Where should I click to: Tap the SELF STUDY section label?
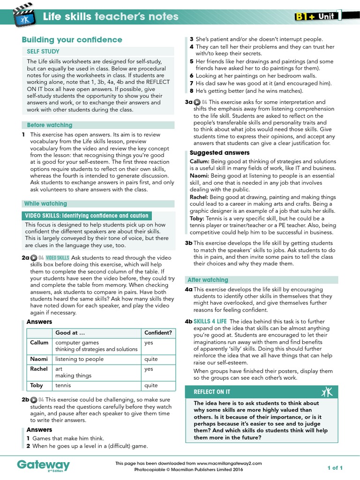tap(43, 52)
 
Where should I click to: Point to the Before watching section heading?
tap(49, 125)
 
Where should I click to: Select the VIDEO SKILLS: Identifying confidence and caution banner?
tap(86, 216)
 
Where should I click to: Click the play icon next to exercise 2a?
tap(34, 258)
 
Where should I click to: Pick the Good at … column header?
tap(70, 333)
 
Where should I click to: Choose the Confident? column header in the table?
tap(158, 333)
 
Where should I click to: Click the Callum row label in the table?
tap(39, 343)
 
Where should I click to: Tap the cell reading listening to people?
tap(79, 359)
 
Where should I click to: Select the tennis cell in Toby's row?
tap(63, 385)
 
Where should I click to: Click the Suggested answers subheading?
tap(219, 153)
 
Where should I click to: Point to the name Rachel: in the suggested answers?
tap(199, 197)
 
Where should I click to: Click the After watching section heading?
tap(208, 280)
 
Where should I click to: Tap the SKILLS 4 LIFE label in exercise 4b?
tap(210, 321)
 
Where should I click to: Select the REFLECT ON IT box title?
tap(212, 391)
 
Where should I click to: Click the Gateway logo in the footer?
tap(43, 465)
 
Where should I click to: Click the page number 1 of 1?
tap(335, 468)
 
